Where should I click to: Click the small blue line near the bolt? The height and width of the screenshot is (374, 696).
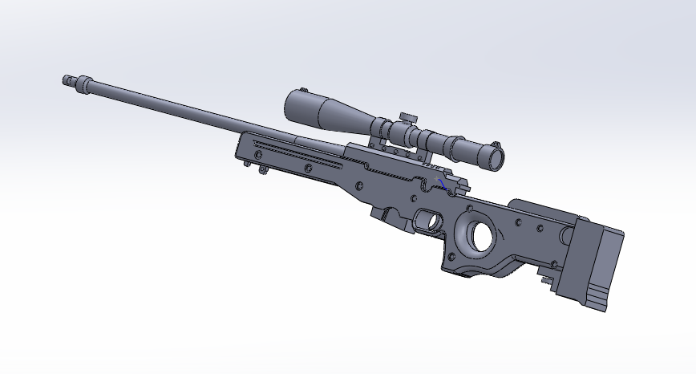coord(443,185)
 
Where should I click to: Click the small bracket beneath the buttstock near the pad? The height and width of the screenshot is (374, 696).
coord(548,280)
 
